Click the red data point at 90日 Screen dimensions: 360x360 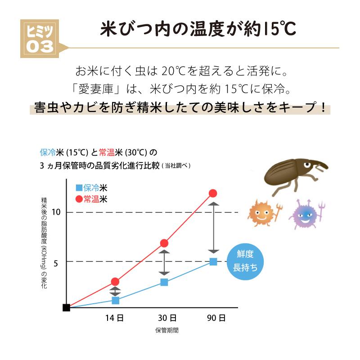(213, 193)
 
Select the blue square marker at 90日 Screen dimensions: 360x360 (213, 261)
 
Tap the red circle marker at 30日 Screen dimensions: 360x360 (164, 243)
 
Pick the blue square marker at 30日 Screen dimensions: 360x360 (164, 282)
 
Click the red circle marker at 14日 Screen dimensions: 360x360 (115, 282)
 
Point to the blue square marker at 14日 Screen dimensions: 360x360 (115, 300)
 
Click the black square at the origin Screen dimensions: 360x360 (67, 308)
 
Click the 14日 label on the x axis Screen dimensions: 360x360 (115, 318)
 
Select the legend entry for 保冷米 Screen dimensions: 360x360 (91, 188)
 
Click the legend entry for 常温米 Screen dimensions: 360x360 (91, 198)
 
